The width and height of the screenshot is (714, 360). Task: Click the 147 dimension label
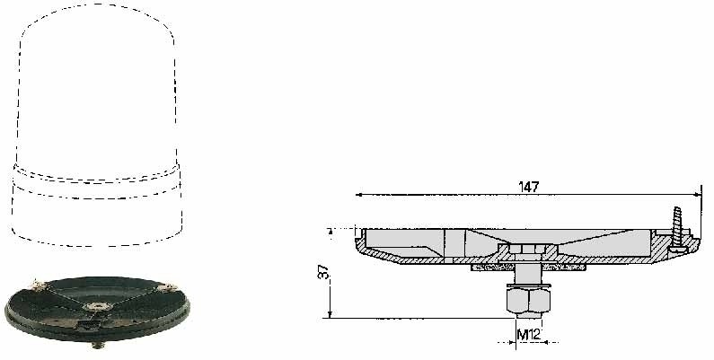point(528,187)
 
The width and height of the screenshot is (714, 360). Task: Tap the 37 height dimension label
point(323,273)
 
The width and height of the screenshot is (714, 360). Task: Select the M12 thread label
point(529,335)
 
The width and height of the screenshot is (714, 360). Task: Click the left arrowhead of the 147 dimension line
point(359,195)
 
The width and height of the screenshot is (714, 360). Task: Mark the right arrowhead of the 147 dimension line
point(697,195)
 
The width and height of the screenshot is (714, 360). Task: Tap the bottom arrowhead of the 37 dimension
point(331,314)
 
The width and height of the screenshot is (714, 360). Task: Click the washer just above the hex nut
point(528,285)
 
